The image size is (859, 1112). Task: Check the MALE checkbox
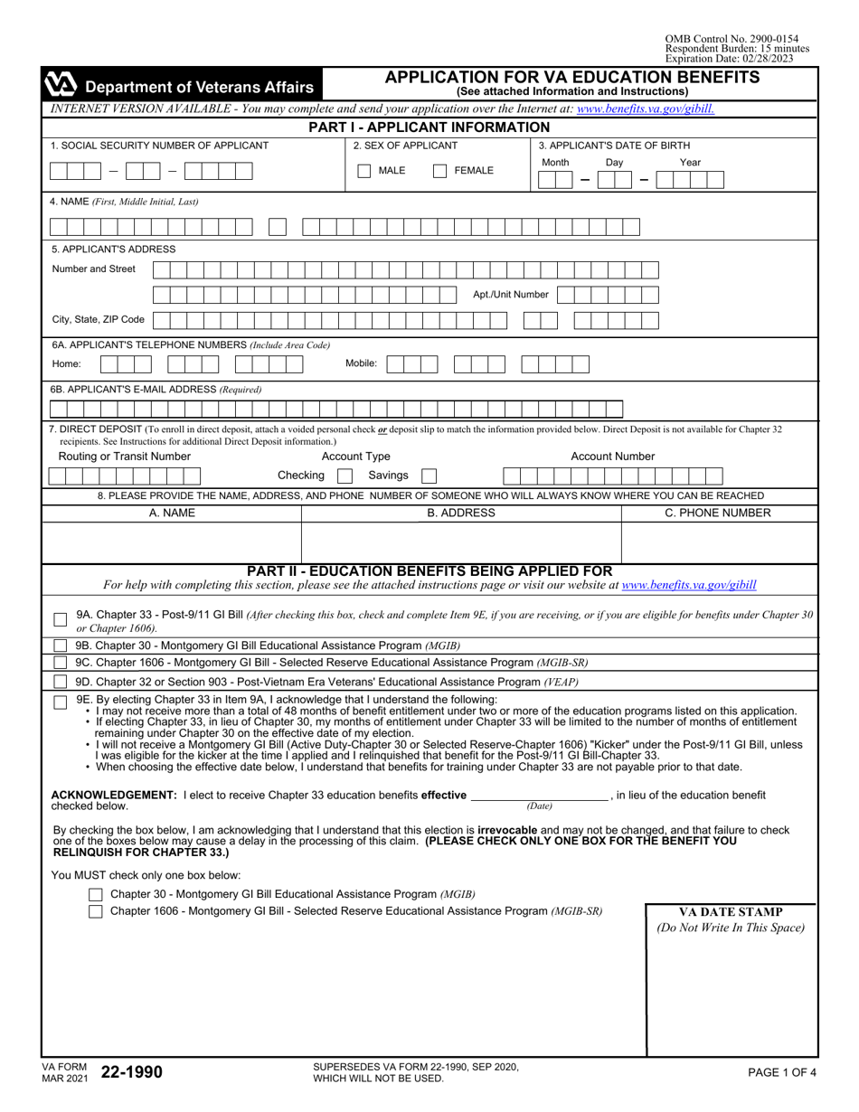(x=364, y=171)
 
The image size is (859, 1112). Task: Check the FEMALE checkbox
(x=439, y=171)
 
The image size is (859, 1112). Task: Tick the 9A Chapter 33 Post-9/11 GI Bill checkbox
(x=60, y=620)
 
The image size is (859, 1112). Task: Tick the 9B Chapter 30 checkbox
(x=60, y=646)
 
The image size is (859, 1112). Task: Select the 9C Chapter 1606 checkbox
(x=60, y=663)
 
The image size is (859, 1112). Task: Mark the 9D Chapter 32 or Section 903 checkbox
(x=60, y=681)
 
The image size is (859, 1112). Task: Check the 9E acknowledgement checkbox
(x=60, y=702)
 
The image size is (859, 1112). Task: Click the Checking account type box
(x=344, y=475)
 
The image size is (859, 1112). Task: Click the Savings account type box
(x=429, y=475)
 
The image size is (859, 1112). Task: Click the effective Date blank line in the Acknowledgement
(x=540, y=796)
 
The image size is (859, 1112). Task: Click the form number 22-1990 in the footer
(x=132, y=1072)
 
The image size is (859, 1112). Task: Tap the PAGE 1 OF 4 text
(x=782, y=1072)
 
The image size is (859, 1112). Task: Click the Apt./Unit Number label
(x=510, y=294)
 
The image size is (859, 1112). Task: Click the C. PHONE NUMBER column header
(x=718, y=513)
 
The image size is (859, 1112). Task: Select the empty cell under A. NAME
(x=172, y=542)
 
